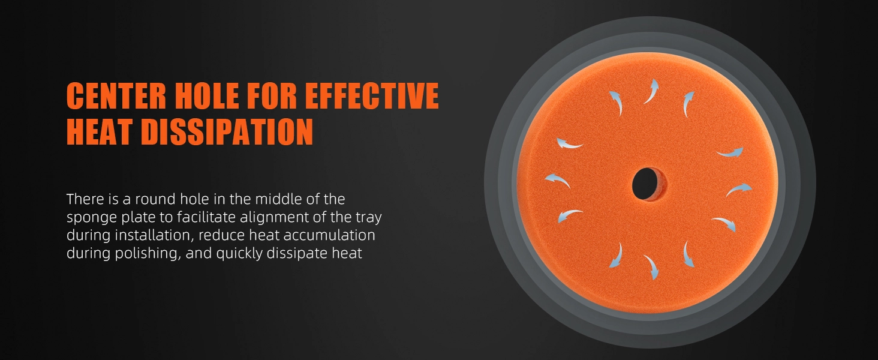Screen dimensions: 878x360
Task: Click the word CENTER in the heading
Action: click(116, 95)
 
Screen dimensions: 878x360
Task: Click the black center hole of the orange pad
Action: click(646, 184)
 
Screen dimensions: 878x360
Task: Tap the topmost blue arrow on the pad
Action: click(651, 91)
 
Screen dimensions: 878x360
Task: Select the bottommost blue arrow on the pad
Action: click(651, 267)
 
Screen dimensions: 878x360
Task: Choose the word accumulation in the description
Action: click(329, 235)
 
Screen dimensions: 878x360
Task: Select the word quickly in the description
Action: click(239, 253)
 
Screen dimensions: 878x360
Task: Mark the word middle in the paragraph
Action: click(278, 199)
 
